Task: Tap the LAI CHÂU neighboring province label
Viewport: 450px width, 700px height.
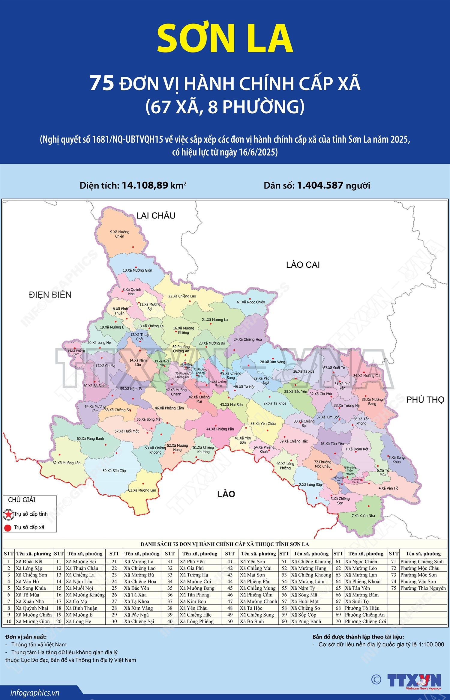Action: pyautogui.click(x=156, y=216)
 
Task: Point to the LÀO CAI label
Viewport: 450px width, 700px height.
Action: pyautogui.click(x=303, y=265)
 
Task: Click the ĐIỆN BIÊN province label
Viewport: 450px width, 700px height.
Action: pyautogui.click(x=50, y=295)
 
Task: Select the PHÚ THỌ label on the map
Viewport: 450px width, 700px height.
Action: pyautogui.click(x=425, y=400)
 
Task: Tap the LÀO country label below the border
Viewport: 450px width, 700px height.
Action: pyautogui.click(x=226, y=494)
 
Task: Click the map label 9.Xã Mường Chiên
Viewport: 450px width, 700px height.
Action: pyautogui.click(x=119, y=234)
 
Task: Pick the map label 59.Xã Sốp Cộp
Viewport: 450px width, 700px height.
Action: pyautogui.click(x=114, y=471)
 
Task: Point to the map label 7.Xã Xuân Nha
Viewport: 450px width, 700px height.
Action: pyautogui.click(x=363, y=516)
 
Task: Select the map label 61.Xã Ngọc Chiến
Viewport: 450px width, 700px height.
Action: pyautogui.click(x=251, y=302)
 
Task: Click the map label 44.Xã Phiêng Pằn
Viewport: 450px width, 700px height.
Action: pyautogui.click(x=220, y=429)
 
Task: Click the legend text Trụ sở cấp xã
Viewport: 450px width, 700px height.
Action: pyautogui.click(x=29, y=527)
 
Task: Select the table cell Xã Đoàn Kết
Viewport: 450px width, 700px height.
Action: pyautogui.click(x=29, y=561)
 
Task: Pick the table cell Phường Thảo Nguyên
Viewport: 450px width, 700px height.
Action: pyautogui.click(x=423, y=588)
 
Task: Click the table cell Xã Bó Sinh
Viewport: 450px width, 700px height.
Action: pyautogui.click(x=251, y=621)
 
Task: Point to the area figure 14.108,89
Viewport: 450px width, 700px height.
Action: pyautogui.click(x=145, y=185)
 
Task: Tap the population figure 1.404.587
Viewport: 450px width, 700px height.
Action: pyautogui.click(x=320, y=185)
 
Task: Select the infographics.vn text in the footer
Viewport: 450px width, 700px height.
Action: pyautogui.click(x=35, y=693)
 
